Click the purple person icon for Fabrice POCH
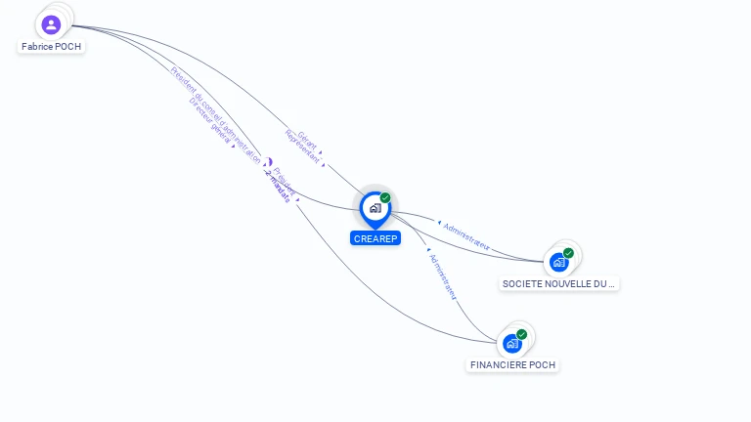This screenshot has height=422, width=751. [x=52, y=24]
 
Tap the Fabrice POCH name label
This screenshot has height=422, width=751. [x=52, y=46]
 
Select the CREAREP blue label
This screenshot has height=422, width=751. [x=375, y=238]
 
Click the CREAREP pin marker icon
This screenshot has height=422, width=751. [x=375, y=208]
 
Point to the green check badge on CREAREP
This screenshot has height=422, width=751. [x=385, y=197]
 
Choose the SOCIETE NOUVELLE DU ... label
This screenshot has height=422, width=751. [x=558, y=283]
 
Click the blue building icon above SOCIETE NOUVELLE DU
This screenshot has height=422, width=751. [x=558, y=262]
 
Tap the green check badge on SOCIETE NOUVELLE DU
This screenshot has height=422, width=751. [x=568, y=253]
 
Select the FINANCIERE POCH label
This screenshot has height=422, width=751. [x=512, y=364]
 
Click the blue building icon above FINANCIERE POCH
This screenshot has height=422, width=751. [x=511, y=344]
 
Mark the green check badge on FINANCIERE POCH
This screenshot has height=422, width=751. [x=521, y=334]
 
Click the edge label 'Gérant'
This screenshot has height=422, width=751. [x=307, y=137]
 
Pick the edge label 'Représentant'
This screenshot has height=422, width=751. [x=301, y=145]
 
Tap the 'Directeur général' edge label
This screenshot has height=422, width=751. [x=209, y=121]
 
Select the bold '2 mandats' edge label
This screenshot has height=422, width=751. [x=278, y=187]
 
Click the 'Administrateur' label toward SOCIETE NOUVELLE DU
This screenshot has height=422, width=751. [x=466, y=233]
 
